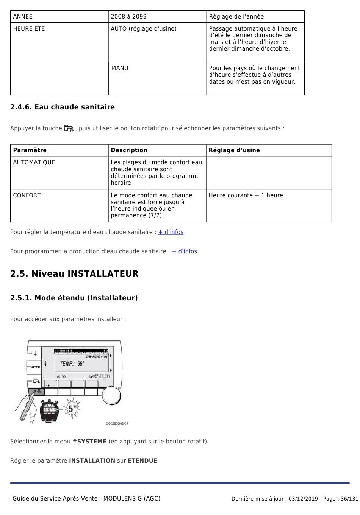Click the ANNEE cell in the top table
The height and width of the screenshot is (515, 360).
click(x=23, y=17)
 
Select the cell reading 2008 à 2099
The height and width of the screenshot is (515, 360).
click(x=128, y=17)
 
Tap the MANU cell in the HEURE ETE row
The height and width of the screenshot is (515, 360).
click(x=120, y=68)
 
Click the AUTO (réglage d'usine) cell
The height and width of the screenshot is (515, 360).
click(x=144, y=29)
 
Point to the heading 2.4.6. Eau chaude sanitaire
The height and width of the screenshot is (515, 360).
click(x=63, y=107)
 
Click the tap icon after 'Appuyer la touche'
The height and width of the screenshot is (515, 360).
click(x=69, y=128)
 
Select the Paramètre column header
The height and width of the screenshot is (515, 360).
click(x=30, y=150)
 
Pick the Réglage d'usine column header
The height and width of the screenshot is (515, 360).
click(x=234, y=150)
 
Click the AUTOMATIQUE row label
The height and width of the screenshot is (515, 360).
click(x=34, y=162)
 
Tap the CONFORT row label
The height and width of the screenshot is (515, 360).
click(x=27, y=195)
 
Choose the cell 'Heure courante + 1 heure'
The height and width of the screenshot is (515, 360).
click(x=246, y=195)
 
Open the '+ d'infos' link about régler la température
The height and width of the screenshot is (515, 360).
click(x=171, y=232)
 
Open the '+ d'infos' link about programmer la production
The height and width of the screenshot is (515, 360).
click(x=185, y=251)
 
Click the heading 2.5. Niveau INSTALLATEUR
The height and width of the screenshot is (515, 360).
click(x=74, y=274)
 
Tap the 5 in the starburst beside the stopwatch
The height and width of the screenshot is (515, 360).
click(x=71, y=409)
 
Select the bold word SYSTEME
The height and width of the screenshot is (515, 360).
click(x=92, y=442)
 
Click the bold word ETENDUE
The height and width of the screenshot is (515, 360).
click(x=142, y=461)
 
